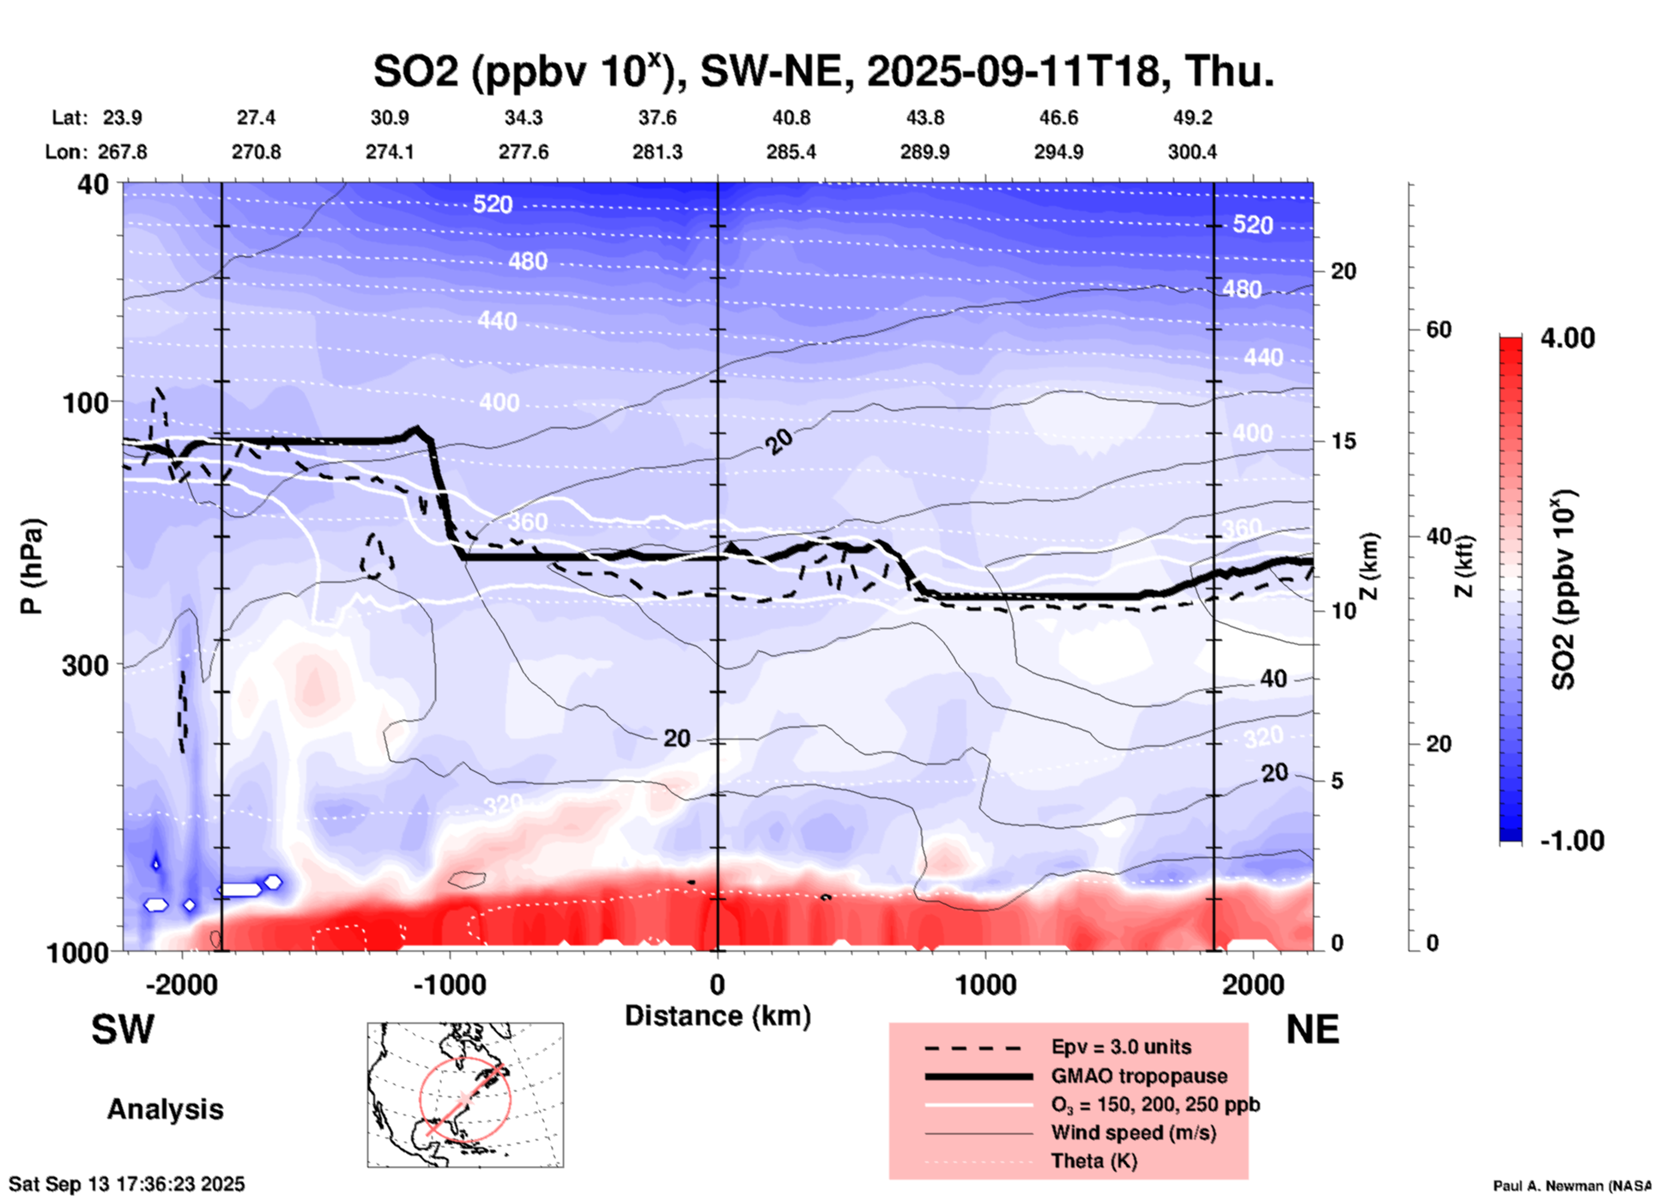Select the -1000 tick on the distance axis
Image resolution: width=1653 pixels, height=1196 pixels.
point(449,984)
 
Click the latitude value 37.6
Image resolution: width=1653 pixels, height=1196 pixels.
point(657,118)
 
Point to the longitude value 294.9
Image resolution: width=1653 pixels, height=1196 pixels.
point(1057,152)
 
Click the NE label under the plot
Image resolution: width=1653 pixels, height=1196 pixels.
point(1312,1030)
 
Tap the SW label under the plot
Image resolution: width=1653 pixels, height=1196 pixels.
point(123,1030)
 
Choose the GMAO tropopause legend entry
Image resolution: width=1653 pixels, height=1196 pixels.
point(1139,1076)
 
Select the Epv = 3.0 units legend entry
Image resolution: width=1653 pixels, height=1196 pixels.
point(1121,1047)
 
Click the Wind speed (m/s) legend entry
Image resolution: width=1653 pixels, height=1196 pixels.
point(1133,1133)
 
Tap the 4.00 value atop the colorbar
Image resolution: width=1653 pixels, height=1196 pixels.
point(1567,338)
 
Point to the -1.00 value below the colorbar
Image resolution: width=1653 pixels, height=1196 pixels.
point(1571,841)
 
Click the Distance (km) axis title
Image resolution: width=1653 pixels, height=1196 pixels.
point(718,1016)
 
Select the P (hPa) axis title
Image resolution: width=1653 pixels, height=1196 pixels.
point(32,566)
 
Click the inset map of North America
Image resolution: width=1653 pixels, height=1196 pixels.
point(465,1095)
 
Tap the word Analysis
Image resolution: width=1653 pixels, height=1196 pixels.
point(165,1109)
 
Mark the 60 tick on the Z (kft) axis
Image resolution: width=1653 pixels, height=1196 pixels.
point(1438,329)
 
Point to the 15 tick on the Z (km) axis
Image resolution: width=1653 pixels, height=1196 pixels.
point(1343,441)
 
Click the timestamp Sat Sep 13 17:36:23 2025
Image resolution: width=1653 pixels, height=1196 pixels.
point(126,1184)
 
